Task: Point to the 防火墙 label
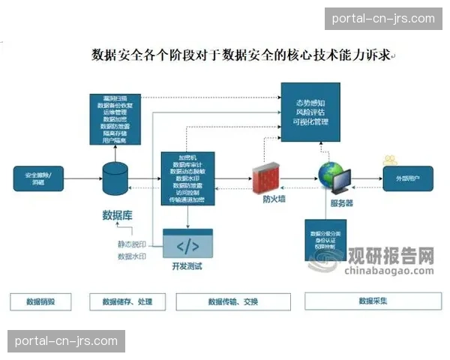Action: click(x=273, y=200)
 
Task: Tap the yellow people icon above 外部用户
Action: click(x=390, y=160)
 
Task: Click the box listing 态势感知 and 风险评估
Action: click(x=315, y=112)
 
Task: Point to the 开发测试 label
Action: click(x=187, y=265)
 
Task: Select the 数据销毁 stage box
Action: click(x=40, y=301)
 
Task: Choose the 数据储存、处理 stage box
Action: click(x=122, y=301)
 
